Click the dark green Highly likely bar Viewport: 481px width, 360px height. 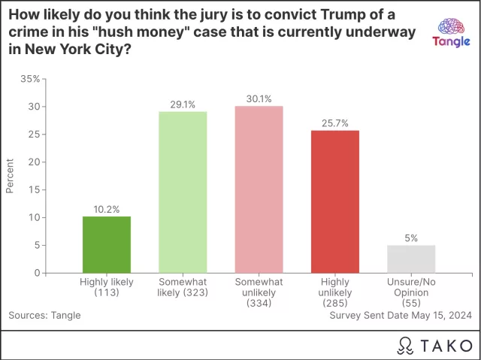[106, 244]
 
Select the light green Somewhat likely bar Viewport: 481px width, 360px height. [183, 192]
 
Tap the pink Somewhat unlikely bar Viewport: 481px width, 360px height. [259, 189]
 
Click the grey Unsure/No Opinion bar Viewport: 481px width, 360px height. [411, 259]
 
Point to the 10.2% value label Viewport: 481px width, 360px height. [106, 209]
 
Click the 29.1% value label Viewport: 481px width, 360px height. [183, 104]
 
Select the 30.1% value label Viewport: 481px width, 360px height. [259, 99]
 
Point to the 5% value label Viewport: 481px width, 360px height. [411, 238]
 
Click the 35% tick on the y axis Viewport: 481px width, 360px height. [31, 79]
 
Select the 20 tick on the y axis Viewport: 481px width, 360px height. [35, 162]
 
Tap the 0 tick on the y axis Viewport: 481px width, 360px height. [37, 273]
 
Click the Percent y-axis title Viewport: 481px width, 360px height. [11, 175]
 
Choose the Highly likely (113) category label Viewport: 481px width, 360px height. [106, 287]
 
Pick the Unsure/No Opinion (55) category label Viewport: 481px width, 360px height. [411, 292]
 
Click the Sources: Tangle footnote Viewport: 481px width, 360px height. [44, 316]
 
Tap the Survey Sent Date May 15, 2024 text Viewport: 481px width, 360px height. [401, 316]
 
